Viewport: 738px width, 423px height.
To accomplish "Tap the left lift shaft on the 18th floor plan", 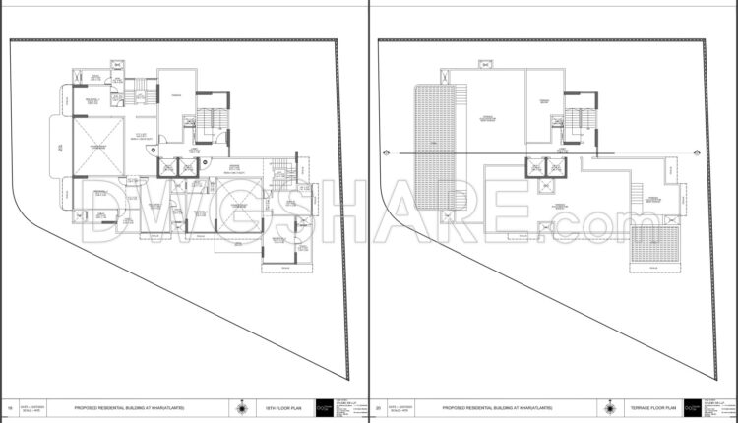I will click(x=168, y=168).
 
